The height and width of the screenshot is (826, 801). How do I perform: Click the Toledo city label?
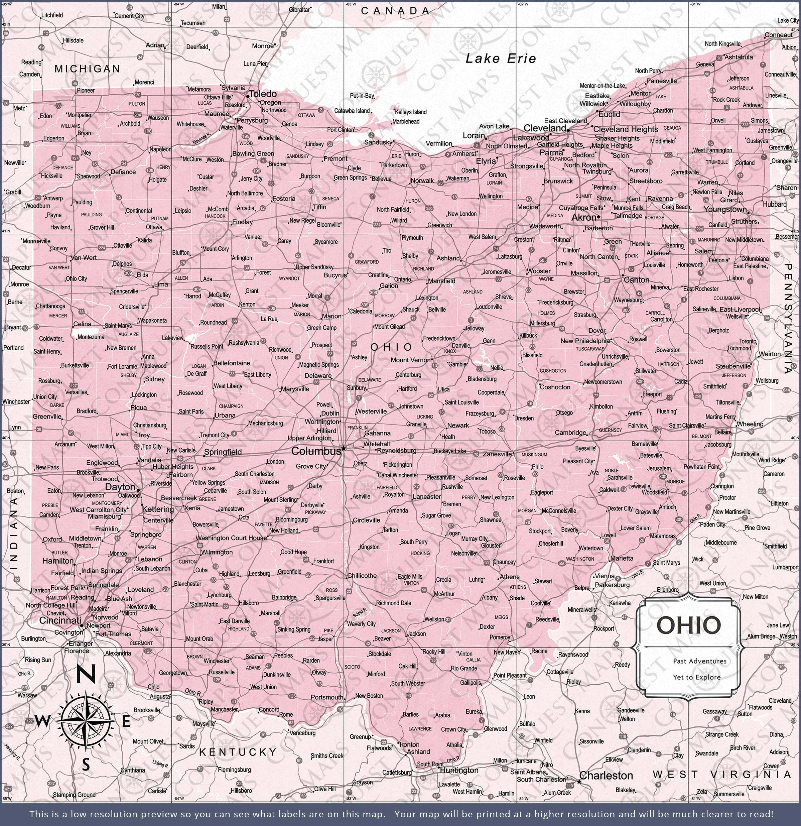(x=263, y=94)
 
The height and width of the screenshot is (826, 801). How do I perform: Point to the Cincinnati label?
(x=60, y=621)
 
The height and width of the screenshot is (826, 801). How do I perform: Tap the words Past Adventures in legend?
(x=699, y=661)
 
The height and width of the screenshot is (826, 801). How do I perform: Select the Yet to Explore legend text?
(x=696, y=677)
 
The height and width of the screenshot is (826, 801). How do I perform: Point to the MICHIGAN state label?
(x=87, y=69)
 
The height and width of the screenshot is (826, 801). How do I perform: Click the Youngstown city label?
(x=725, y=210)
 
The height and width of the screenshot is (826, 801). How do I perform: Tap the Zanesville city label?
(x=497, y=454)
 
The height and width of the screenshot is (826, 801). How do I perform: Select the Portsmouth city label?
(x=326, y=697)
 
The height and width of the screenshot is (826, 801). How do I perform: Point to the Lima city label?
(x=161, y=284)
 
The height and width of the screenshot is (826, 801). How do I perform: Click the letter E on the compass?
(x=126, y=722)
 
